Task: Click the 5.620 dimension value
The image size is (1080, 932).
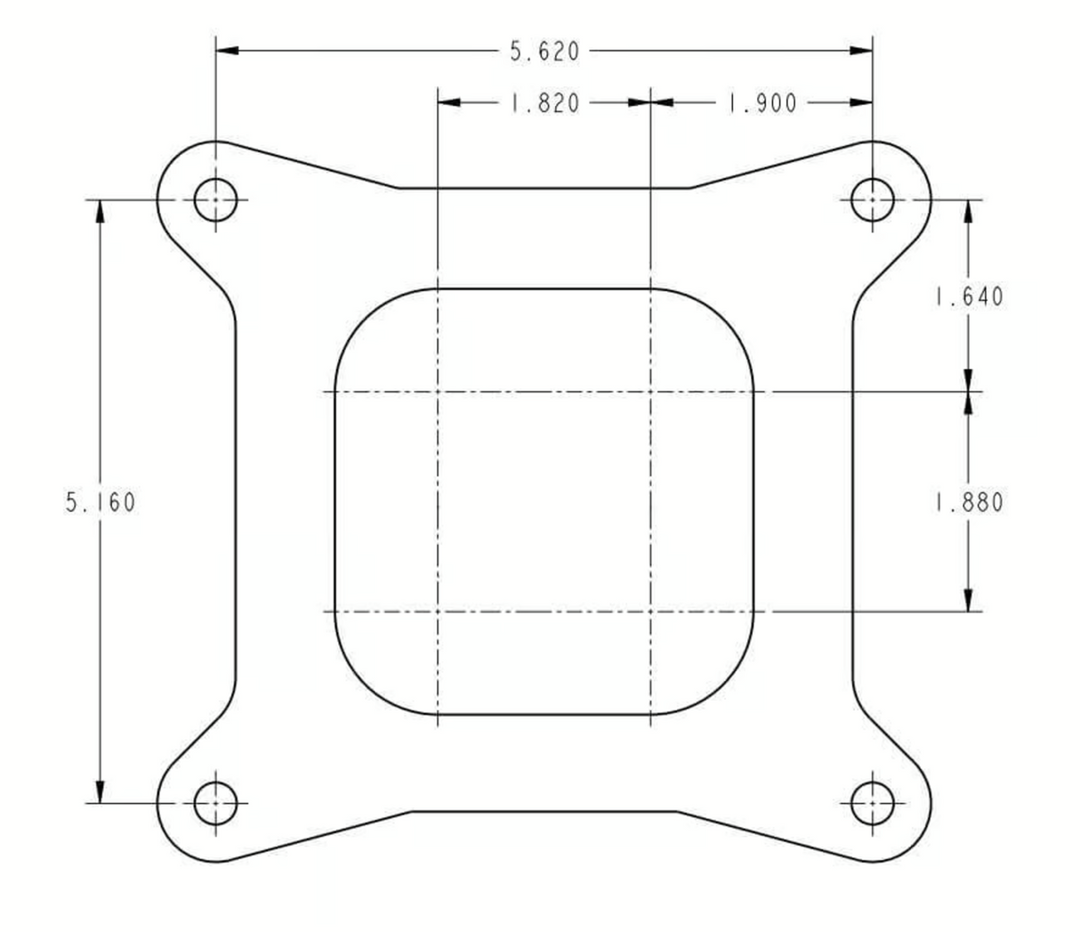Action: pos(544,52)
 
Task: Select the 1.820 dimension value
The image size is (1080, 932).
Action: pos(544,103)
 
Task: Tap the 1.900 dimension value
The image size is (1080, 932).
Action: pos(762,103)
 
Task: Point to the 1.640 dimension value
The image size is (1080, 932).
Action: pos(968,297)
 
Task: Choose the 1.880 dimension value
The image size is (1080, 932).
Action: pos(968,503)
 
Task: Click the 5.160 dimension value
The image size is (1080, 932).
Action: pos(101,503)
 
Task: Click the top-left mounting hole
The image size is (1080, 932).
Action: pos(215,199)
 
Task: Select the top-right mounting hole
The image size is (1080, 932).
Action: pos(872,199)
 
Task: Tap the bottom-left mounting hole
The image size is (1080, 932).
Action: pos(215,804)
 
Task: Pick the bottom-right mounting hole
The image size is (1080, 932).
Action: pos(872,804)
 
